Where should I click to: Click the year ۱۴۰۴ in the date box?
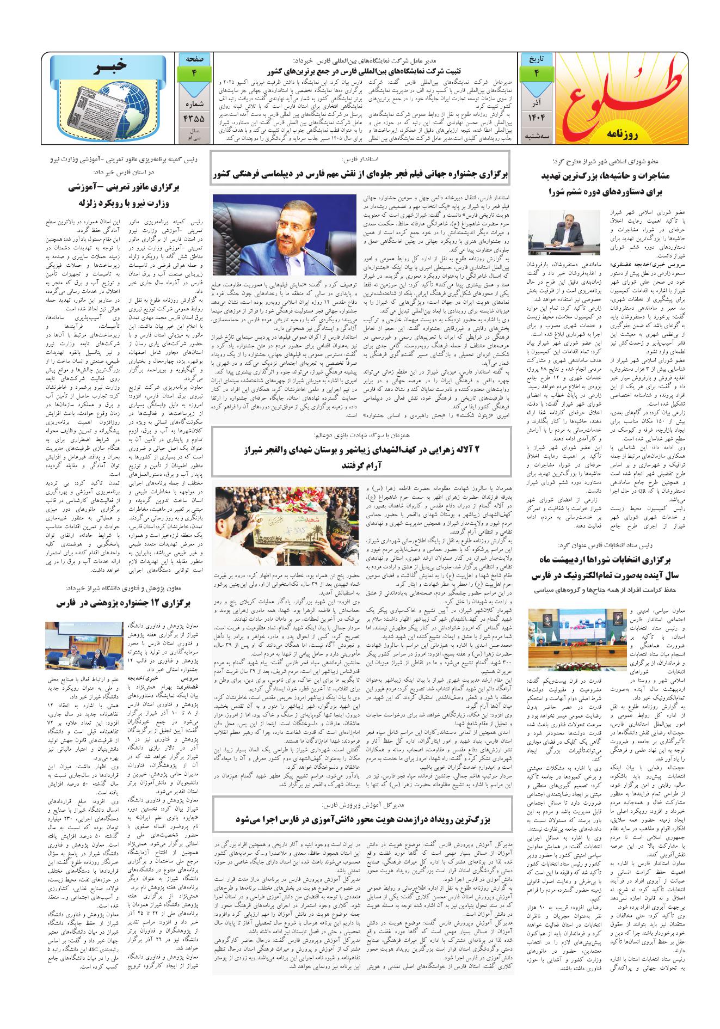pos(536,117)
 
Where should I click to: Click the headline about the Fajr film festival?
pos(359,174)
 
